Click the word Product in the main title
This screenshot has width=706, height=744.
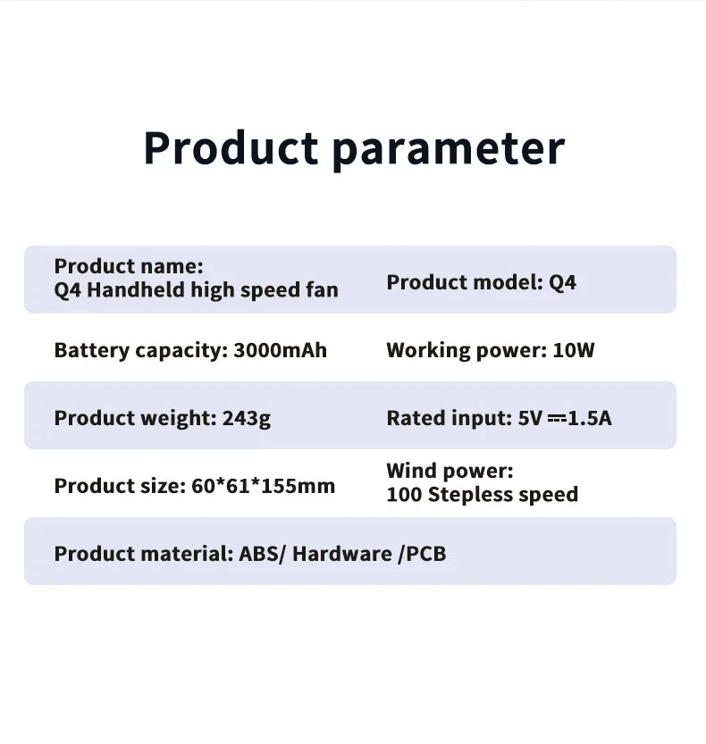[231, 147]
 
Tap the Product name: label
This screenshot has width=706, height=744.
[129, 266]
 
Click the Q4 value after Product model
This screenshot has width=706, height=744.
[562, 282]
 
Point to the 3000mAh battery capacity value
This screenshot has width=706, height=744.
[280, 350]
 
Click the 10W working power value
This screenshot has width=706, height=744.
[574, 350]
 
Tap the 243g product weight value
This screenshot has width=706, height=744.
[246, 418]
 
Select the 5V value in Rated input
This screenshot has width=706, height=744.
[530, 418]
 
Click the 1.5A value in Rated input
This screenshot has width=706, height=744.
[590, 418]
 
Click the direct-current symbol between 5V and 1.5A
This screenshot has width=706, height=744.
[556, 418]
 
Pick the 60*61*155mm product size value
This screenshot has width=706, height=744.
[264, 486]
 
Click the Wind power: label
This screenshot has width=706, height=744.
[450, 471]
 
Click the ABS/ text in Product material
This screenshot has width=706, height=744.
[262, 554]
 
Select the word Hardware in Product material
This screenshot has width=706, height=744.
[342, 554]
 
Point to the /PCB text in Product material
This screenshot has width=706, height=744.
[422, 554]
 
